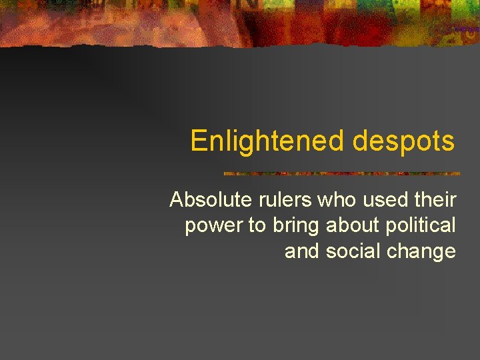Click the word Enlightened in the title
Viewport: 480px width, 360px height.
[268, 141]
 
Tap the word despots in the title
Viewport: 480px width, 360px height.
[403, 141]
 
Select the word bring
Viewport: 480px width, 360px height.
[297, 226]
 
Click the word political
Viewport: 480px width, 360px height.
[422, 225]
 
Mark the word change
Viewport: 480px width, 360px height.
[422, 252]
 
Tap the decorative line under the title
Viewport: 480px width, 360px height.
[341, 173]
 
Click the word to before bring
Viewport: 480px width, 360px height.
[257, 226]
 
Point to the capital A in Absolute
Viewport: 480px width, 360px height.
[177, 199]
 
